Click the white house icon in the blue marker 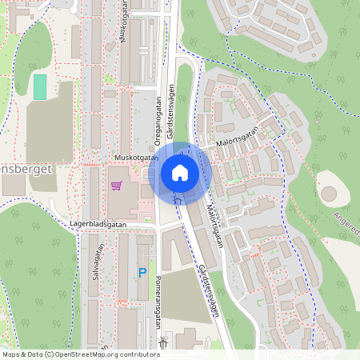coord(180,172)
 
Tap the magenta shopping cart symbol coord(117,186)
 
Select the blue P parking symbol coord(143,273)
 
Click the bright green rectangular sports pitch coord(40,86)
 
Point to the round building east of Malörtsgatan coord(330,194)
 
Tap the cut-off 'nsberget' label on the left coord(27,170)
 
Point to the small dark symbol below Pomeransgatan coord(163,342)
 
